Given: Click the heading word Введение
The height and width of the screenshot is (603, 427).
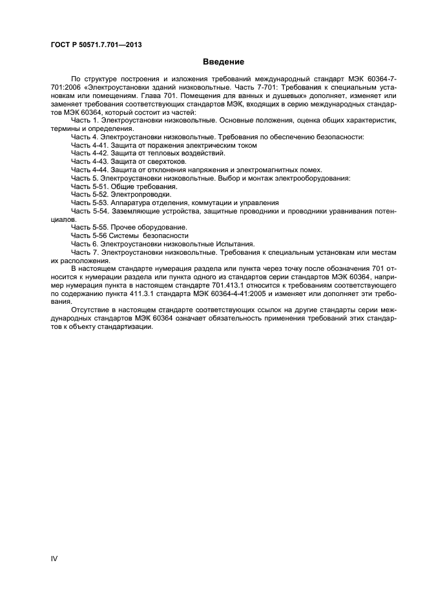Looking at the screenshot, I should [224, 62].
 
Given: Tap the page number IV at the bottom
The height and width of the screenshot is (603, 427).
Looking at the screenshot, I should [54, 558].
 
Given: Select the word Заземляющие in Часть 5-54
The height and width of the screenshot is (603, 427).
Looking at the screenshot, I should [133, 211].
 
